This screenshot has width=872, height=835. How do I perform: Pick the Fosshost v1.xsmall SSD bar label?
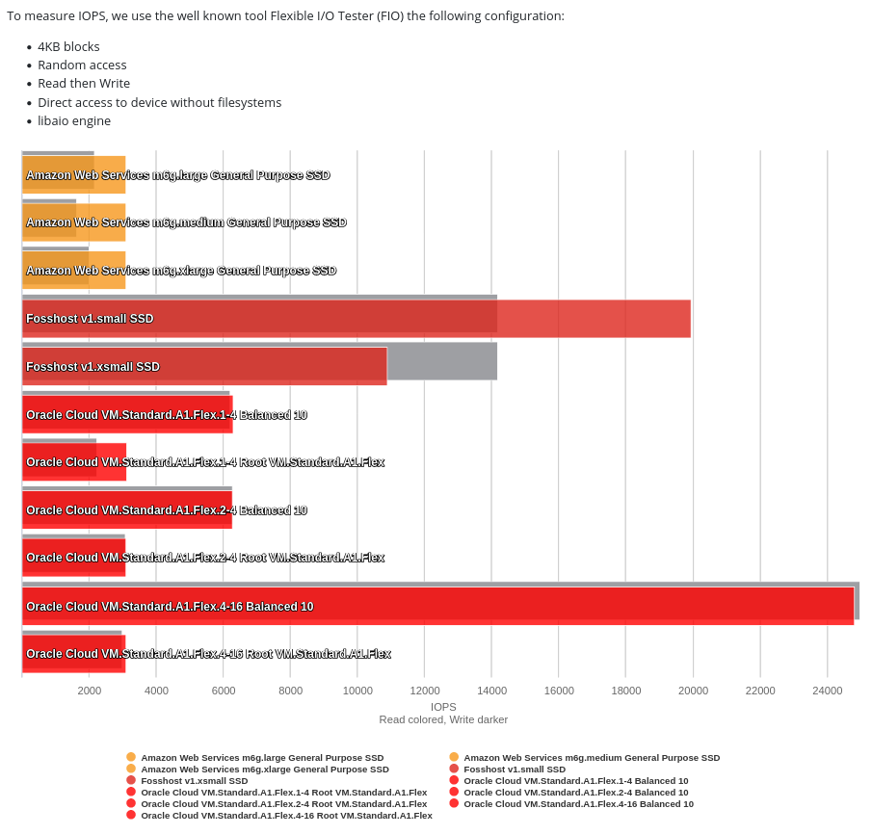tap(92, 367)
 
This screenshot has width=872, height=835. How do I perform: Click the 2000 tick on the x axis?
tap(90, 691)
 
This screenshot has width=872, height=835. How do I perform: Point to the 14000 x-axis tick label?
tap(491, 691)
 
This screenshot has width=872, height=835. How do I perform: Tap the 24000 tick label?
tap(827, 691)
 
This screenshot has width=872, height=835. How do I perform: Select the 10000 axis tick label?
tap(357, 691)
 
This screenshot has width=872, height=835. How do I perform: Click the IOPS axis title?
tap(443, 707)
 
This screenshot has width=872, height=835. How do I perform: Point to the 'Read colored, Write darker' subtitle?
tap(443, 719)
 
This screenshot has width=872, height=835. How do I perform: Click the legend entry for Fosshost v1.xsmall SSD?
tap(194, 781)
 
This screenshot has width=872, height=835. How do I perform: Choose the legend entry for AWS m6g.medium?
tap(591, 758)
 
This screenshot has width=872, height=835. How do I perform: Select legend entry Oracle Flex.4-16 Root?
tap(286, 816)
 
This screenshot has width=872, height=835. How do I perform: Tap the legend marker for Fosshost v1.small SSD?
tap(454, 770)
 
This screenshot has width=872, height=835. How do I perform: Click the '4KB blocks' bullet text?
tap(68, 46)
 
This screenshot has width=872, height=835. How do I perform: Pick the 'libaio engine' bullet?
tap(74, 121)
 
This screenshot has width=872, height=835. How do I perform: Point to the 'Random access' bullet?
tap(82, 65)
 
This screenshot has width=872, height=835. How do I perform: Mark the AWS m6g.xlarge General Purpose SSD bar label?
tap(181, 271)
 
